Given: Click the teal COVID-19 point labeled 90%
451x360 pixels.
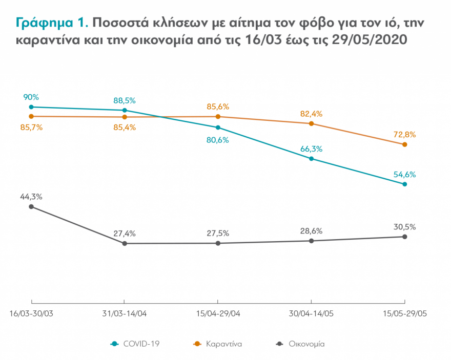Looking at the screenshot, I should pos(31,107).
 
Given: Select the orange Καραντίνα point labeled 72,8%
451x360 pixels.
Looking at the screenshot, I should pos(405,144).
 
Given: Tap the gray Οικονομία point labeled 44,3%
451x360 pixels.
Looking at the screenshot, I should pos(31,206).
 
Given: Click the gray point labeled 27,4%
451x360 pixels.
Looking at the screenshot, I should pos(125,243).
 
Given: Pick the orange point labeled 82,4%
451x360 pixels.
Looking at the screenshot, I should pos(312,123).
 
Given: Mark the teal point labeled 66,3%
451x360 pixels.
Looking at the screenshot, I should pos(312,159).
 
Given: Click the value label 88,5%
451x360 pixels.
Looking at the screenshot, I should pos(125,100).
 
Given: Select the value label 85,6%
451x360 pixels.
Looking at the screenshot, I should pos(218,107).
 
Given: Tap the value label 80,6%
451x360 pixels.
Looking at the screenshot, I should pos(218,140).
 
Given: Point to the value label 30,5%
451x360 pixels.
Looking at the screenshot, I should pos(405,227).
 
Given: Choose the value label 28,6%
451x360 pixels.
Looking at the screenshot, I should pos(312,231).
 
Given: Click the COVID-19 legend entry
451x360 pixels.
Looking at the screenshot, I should pos(135,344).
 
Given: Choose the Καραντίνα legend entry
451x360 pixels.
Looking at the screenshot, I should pos(218,344).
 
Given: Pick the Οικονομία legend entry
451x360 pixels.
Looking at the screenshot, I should pos(300,344).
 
